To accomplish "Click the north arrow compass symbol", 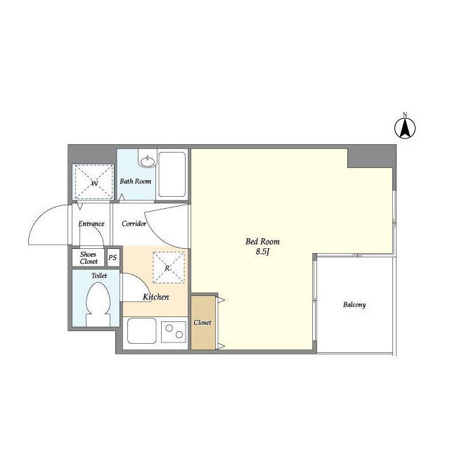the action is (405, 128).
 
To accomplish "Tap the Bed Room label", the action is (262, 242).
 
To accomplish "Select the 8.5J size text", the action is (263, 252).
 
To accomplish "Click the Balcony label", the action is (354, 304).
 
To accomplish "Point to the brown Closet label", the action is (202, 323).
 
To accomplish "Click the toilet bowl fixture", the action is (98, 304).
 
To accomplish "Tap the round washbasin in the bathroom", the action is (148, 161).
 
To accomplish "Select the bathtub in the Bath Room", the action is (172, 174).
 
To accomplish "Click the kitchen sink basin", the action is (142, 330).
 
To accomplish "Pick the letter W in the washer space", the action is (94, 183).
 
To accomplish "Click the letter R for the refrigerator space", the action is (167, 269).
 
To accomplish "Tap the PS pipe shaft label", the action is (112, 257).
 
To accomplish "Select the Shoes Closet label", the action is (89, 258).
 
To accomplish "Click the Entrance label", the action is (91, 224).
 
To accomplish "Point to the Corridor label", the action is (134, 224).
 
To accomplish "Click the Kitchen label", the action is (156, 297).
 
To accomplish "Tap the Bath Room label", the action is (136, 181).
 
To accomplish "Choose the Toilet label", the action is (99, 276).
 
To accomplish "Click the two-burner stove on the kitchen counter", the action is (174, 332).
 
